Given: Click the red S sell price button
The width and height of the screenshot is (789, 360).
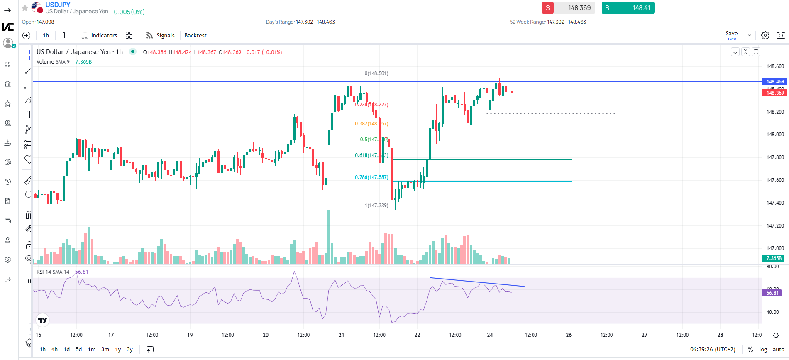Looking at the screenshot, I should tap(568, 8).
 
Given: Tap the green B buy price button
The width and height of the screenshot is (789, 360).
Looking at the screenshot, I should tap(628, 8).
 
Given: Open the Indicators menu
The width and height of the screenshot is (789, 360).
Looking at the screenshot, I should tap(100, 35).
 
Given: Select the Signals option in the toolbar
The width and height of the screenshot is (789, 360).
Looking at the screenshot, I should tap(160, 35).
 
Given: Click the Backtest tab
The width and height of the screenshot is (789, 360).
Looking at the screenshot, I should tap(195, 35).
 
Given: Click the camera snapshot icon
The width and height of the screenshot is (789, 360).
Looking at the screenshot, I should tap(780, 35).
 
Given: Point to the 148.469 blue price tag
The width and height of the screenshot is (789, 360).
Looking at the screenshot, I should tap(774, 82).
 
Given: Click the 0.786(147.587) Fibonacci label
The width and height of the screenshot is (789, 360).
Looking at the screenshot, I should tap(371, 177).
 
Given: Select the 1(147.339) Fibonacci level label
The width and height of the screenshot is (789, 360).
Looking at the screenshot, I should tap(376, 206).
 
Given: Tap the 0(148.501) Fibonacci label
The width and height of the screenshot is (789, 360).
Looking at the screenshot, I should tap(376, 73).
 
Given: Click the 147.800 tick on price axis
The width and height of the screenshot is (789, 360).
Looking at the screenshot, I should tap(775, 157).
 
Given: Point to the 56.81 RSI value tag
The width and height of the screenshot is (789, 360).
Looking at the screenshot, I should tap(772, 293).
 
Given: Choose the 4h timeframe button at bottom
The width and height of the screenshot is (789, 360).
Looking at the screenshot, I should tap(54, 349).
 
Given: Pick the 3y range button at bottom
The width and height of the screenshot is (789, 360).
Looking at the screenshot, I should tap(129, 349).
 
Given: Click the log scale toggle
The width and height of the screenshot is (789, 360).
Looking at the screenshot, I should tap(763, 349).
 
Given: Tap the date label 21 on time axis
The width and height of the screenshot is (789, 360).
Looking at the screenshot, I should tap(341, 335).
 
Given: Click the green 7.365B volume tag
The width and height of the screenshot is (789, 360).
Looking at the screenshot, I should tap(773, 258).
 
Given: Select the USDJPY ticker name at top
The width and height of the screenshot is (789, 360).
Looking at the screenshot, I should tap(58, 5).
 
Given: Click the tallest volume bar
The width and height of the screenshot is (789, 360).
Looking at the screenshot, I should tap(329, 237).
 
